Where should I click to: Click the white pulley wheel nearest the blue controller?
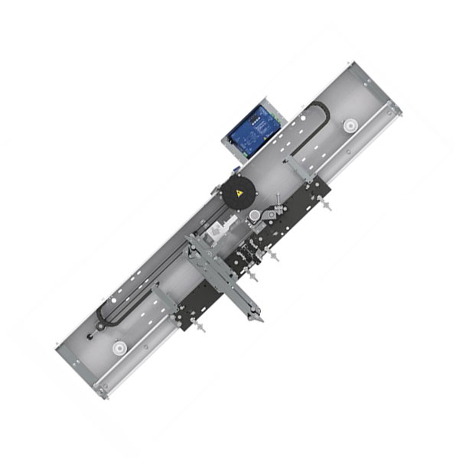[350, 124]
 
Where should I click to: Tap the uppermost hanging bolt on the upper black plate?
[325, 207]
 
